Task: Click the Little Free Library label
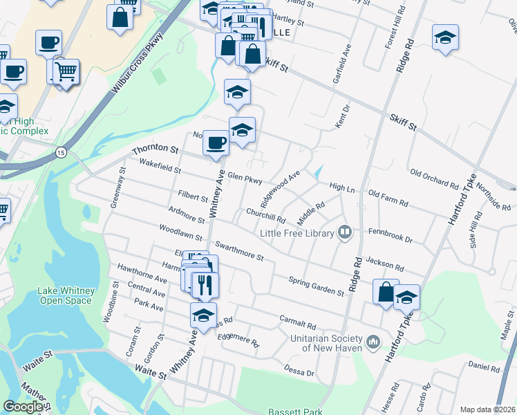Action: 297,233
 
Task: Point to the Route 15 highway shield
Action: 62,152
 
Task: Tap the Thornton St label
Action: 156,149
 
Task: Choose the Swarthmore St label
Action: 239,251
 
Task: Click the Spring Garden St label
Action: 316,286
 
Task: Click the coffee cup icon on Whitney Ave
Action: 216,142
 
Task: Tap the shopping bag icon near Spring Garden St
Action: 386,292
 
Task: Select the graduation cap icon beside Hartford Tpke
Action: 407,297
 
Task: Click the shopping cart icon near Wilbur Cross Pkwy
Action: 66,71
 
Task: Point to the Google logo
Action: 23,407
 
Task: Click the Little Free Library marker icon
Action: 345,233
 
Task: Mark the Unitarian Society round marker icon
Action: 373,341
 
